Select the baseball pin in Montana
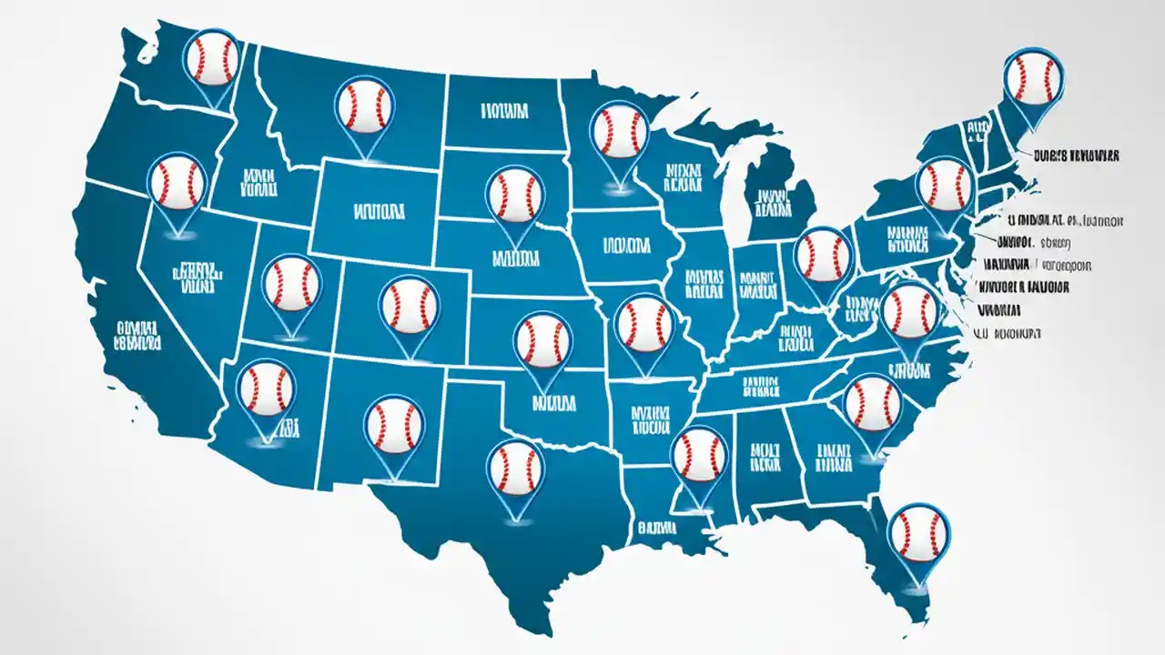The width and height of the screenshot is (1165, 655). [x=364, y=106]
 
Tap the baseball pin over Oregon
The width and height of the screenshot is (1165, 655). [x=177, y=183]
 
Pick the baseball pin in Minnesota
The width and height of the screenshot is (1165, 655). [x=619, y=133]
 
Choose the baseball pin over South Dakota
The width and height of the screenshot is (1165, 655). [x=515, y=196]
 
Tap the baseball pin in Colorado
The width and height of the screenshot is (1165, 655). [x=410, y=304]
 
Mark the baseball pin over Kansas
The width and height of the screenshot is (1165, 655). [x=543, y=341]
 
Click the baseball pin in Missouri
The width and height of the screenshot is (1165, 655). [x=644, y=325]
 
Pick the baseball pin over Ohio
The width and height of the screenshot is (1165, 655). [x=824, y=256]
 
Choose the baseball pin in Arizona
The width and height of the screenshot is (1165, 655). [x=266, y=388]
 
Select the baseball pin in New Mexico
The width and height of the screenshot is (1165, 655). [x=394, y=426]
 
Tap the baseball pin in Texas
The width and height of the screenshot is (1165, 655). [x=516, y=469]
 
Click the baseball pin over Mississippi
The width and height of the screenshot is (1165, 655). [x=701, y=454]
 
